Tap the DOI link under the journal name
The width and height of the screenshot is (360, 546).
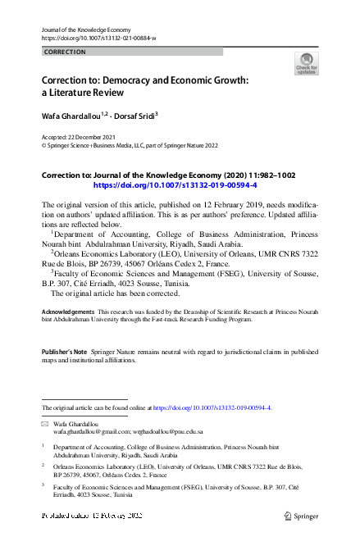click(x=98, y=39)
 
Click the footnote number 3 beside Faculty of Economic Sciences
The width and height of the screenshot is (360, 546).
click(x=43, y=485)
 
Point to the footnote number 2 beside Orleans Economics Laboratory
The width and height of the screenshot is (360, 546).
click(x=43, y=465)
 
